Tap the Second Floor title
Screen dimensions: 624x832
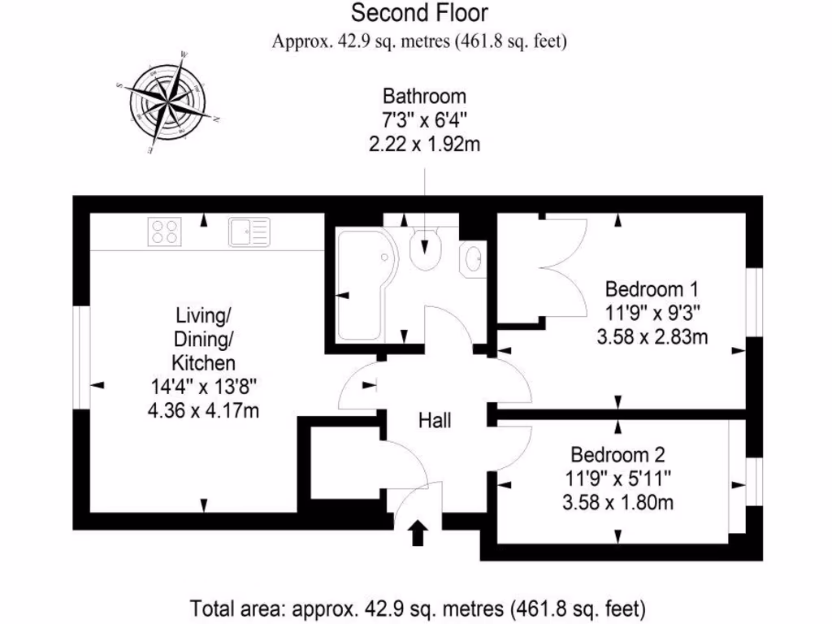click(x=419, y=13)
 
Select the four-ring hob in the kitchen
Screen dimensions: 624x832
click(x=165, y=232)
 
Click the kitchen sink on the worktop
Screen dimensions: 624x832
click(x=249, y=232)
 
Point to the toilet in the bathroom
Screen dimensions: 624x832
click(x=426, y=247)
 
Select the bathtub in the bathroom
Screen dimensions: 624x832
click(x=364, y=285)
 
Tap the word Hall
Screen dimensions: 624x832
click(x=435, y=421)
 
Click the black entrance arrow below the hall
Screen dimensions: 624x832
click(x=418, y=532)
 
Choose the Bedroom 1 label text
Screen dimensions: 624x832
click(x=652, y=288)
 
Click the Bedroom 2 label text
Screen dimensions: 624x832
click(x=617, y=454)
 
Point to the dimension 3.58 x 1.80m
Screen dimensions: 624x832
click(x=617, y=502)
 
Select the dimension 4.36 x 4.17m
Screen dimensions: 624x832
click(x=203, y=411)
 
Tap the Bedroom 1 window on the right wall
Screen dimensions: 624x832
click(x=754, y=301)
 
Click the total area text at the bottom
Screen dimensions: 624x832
click(x=418, y=608)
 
